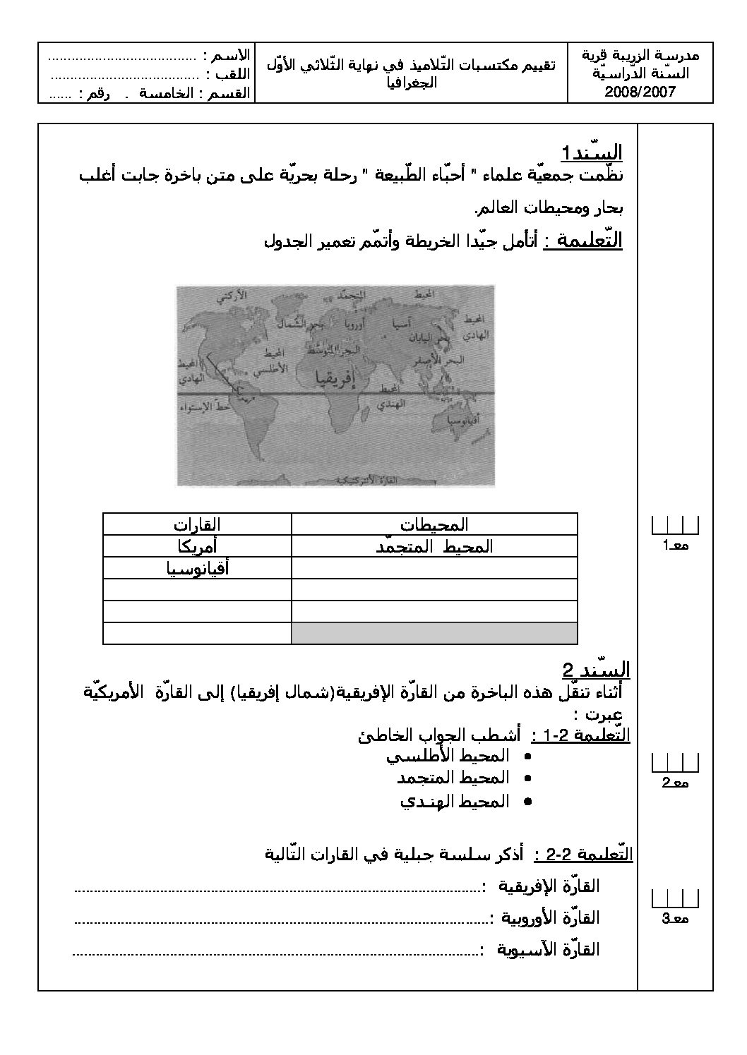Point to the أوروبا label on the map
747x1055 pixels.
point(355,327)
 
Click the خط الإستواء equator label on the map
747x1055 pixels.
point(200,408)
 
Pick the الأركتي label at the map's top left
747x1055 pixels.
point(232,296)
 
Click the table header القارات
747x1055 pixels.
point(197,524)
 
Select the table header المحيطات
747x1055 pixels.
point(434,524)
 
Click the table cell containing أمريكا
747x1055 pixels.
point(197,546)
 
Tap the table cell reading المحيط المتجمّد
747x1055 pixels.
point(434,546)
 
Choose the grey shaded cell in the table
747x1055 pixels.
point(434,633)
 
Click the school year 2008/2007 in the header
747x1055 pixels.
point(640,91)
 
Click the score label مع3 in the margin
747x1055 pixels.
point(675,918)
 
